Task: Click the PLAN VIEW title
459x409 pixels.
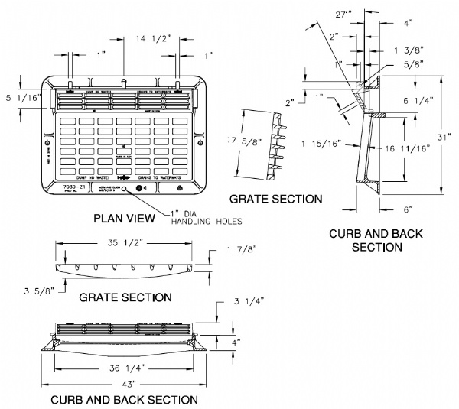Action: tap(124, 219)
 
